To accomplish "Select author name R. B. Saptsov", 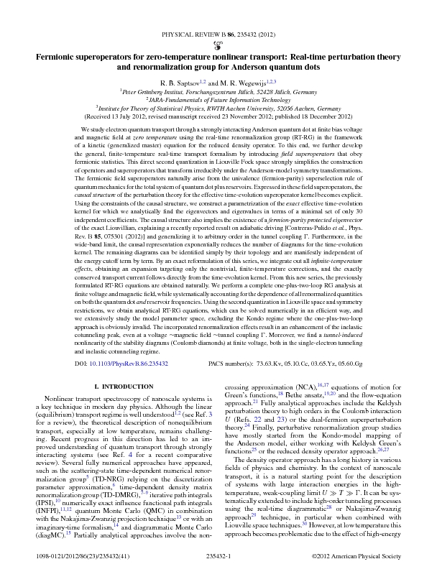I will (182, 83).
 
